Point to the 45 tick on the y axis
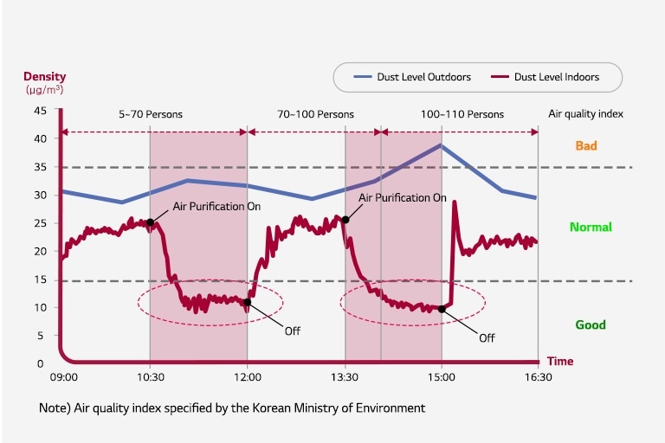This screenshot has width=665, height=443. tap(41, 111)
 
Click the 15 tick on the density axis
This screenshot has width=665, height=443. tap(41, 279)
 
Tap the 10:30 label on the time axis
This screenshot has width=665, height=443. tap(150, 378)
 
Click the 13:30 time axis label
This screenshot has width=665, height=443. tap(345, 378)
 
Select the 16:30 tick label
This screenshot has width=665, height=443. tap(539, 378)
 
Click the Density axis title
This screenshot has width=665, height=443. tap(44, 77)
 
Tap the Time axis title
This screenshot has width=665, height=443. tap(558, 361)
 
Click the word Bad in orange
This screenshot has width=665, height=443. tap(586, 146)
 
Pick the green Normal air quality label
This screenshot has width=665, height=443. tap(591, 228)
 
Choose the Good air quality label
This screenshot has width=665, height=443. tap(591, 325)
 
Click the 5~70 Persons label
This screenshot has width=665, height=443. tap(151, 114)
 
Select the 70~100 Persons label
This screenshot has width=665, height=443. tap(315, 114)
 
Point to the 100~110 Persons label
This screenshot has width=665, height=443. tap(462, 114)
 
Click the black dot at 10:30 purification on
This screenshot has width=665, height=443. tap(151, 222)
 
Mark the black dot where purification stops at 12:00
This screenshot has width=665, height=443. tap(248, 302)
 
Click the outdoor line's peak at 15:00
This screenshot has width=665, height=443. tap(442, 145)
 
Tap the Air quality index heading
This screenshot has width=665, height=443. tap(585, 114)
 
